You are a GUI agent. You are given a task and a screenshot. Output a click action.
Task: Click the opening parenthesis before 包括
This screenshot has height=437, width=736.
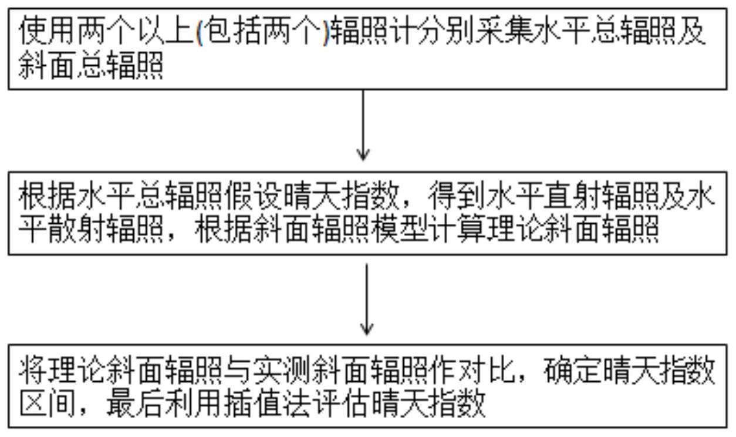(200, 32)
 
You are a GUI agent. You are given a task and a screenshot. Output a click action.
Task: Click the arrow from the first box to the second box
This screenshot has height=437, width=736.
(363, 125)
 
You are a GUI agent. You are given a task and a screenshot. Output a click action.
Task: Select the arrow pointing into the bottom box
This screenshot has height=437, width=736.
(367, 299)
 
